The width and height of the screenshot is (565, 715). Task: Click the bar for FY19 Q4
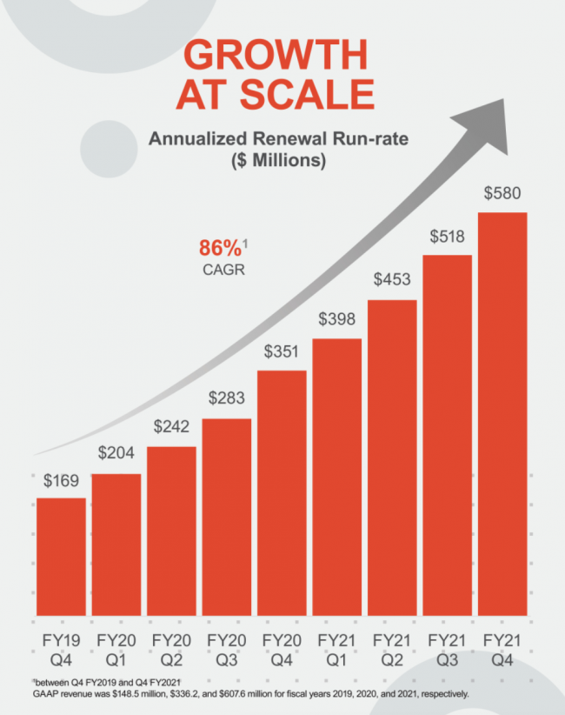click(61, 557)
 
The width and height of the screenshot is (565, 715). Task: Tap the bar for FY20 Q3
click(227, 518)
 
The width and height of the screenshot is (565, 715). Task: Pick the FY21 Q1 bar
click(337, 478)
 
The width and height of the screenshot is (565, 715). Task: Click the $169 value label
click(61, 481)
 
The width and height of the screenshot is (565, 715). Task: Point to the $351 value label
click(282, 353)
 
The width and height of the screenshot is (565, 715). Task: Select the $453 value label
click(392, 281)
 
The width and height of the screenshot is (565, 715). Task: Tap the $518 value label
click(448, 237)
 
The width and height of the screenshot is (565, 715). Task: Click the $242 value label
click(171, 428)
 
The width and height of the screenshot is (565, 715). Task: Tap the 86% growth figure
click(218, 247)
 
